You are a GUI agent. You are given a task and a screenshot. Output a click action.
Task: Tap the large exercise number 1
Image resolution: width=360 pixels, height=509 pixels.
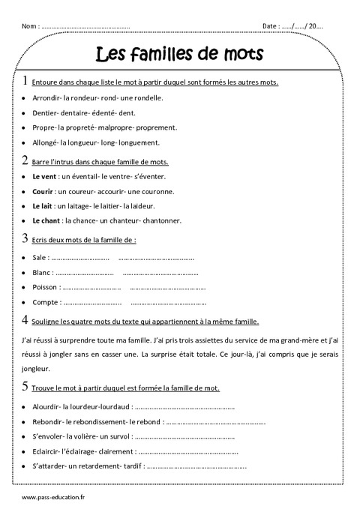26,80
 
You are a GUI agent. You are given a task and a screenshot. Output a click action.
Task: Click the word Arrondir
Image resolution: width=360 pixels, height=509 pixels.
46,97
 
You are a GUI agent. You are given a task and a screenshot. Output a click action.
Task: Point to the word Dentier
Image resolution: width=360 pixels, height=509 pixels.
44,112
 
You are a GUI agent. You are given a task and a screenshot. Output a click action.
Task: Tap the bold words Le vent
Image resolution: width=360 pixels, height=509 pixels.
46,176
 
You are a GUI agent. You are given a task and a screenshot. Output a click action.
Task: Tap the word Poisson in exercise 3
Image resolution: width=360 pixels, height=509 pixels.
45,288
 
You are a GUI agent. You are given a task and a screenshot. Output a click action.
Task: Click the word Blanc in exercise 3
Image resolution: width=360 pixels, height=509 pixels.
42,273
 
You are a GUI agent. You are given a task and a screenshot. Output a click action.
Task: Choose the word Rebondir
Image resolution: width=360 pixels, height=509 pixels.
47,423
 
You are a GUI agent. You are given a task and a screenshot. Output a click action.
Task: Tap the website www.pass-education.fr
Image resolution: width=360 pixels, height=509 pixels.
53,498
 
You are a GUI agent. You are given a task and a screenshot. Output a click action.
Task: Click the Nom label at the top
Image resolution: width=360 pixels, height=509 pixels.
29,26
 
